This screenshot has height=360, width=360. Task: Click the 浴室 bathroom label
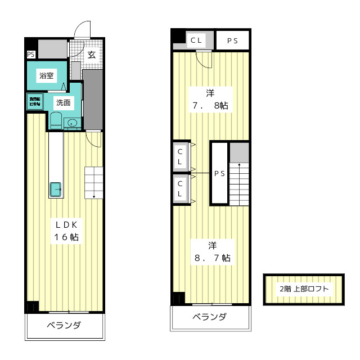coord(46,75)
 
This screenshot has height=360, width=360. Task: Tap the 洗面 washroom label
coord(63,102)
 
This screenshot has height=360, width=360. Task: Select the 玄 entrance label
coord(91,55)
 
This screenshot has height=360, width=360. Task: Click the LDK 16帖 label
coord(66,229)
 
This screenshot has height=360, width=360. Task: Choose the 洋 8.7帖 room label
coord(211,251)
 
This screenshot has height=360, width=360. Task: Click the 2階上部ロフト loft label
coord(304,289)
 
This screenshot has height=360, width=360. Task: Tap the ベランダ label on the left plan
coord(64,326)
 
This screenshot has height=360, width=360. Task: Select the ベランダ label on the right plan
coord(210,317)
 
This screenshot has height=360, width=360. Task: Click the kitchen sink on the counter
coord(57,190)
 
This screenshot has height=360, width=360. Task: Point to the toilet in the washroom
coord(55,120)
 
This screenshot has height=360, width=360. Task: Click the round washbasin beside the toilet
coord(72,123)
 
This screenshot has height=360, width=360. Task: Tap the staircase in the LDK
coord(93,182)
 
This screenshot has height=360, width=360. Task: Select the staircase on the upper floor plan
coord(238,183)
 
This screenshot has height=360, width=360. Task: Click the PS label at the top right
coord(232,40)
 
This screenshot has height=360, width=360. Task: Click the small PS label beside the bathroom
coord(30,55)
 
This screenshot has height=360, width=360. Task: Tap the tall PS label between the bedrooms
coord(219,173)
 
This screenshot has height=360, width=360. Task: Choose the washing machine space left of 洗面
coord(34,102)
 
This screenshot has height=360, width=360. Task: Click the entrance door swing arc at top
coord(83,28)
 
